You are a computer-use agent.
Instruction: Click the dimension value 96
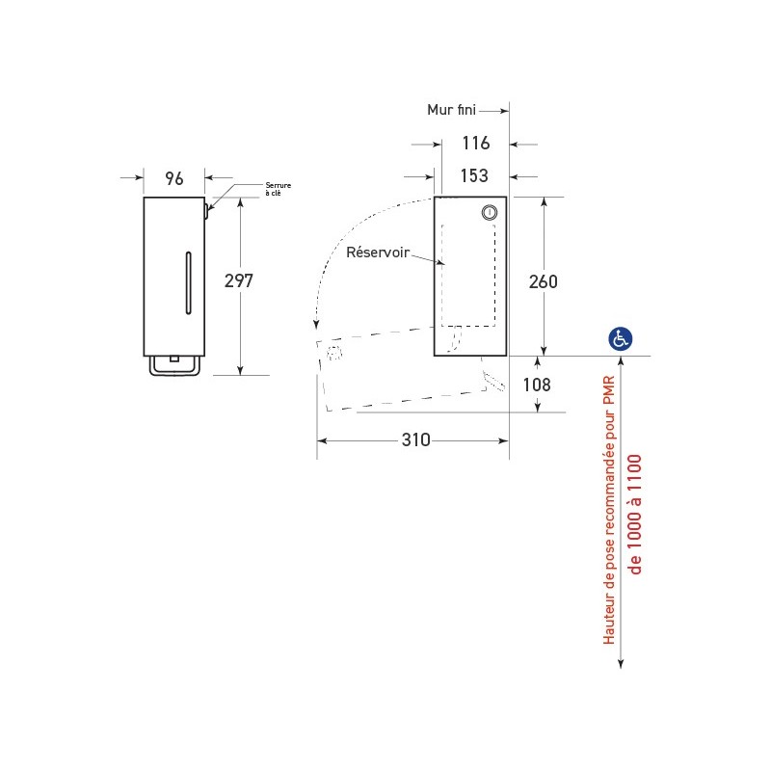[x=174, y=178]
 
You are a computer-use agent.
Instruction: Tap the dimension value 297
[x=238, y=280]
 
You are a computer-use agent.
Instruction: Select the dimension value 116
[x=475, y=144]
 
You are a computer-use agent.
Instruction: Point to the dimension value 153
[x=473, y=176]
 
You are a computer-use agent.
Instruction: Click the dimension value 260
[x=544, y=281]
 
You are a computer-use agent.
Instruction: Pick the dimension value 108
[x=536, y=385]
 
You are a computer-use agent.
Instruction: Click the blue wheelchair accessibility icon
[x=620, y=338]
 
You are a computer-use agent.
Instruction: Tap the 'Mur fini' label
[x=452, y=110]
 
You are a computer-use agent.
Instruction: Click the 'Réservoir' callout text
[x=377, y=253]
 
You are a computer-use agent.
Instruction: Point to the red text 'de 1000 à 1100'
[x=635, y=514]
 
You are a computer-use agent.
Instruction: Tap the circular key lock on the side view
[x=490, y=213]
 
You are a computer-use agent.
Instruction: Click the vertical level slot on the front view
[x=188, y=282]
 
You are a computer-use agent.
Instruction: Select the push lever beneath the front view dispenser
[x=173, y=366]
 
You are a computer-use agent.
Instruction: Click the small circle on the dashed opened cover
[x=334, y=353]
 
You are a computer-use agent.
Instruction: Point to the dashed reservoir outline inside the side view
[x=469, y=275]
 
